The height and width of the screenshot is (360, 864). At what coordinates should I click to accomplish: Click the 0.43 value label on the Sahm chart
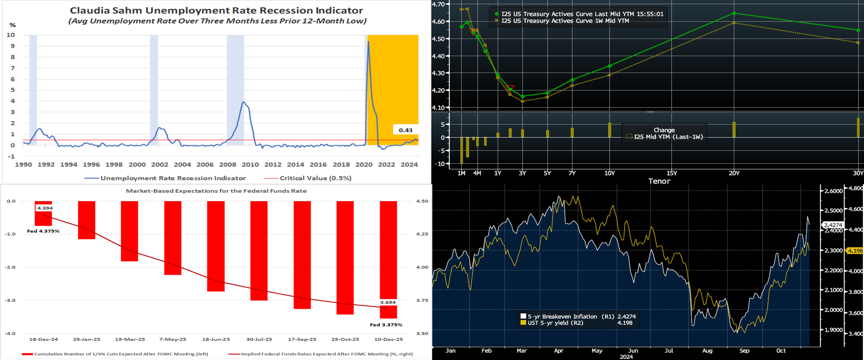click(x=405, y=130)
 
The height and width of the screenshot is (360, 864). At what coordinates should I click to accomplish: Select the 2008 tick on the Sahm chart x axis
click(x=228, y=164)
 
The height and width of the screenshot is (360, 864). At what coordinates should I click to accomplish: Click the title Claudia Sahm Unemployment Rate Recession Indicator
click(x=216, y=11)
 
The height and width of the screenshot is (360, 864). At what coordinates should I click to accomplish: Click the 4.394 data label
click(x=45, y=208)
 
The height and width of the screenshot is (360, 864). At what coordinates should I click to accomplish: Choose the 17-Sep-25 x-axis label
click(x=302, y=339)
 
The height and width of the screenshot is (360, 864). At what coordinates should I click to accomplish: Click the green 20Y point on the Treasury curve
click(x=734, y=13)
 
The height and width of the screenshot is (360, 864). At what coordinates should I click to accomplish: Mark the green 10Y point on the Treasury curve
click(x=609, y=66)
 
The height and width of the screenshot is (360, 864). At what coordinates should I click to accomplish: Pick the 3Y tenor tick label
click(x=522, y=173)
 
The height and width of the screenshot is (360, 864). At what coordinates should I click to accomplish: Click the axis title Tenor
click(x=659, y=181)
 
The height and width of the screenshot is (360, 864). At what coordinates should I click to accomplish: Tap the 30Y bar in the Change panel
click(x=858, y=127)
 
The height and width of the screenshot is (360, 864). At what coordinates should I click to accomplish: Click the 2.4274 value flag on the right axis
click(x=833, y=225)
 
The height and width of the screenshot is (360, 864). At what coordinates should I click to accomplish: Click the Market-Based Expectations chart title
click(x=216, y=191)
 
